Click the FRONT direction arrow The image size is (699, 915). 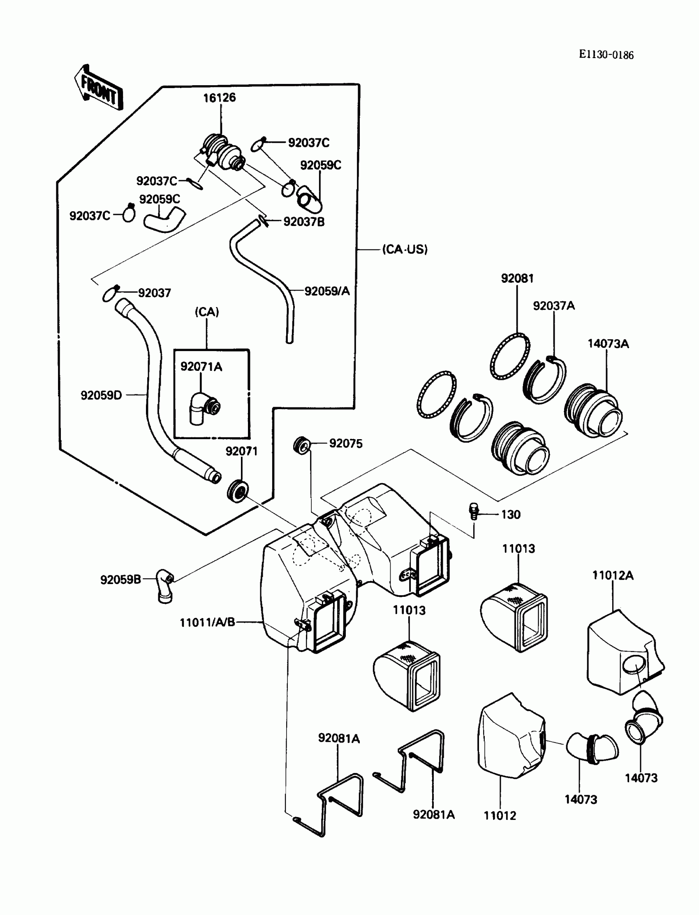[99, 88]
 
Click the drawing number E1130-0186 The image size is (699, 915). [606, 55]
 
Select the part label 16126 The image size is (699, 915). [219, 98]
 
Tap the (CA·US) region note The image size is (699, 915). [405, 249]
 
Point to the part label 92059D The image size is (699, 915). [101, 395]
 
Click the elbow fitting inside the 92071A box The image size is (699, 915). [204, 408]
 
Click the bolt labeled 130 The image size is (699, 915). [474, 511]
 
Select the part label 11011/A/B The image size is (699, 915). [207, 622]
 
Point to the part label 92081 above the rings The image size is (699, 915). [517, 278]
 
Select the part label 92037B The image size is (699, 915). [304, 221]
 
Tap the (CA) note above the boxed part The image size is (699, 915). [207, 312]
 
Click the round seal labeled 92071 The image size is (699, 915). [238, 491]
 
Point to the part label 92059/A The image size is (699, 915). [327, 291]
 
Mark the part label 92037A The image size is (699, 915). [554, 306]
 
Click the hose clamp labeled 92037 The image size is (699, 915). [111, 293]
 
